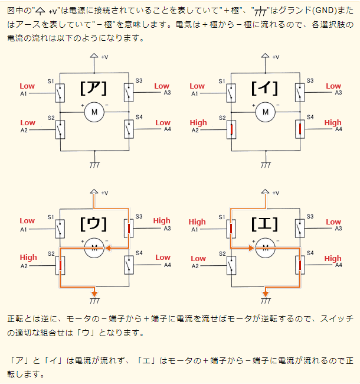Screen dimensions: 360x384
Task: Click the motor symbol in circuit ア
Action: [94, 112]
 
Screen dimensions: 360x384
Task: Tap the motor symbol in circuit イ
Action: [266, 112]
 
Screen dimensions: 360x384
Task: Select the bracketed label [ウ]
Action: [93, 224]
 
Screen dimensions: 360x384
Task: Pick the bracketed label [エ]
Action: [264, 224]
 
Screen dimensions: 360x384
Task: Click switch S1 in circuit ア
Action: [60, 93]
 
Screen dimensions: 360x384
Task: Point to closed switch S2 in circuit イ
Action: [231, 129]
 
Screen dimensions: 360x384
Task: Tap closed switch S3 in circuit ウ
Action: [129, 229]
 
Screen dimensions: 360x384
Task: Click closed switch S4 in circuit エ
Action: [300, 265]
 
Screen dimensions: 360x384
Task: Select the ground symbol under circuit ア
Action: [94, 165]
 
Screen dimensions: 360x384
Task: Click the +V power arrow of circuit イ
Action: [266, 56]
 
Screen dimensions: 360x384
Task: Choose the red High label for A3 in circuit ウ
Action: [162, 221]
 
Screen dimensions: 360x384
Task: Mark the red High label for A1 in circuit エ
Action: [197, 222]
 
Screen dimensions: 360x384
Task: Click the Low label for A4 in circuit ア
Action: [163, 123]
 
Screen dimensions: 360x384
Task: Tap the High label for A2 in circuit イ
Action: [198, 123]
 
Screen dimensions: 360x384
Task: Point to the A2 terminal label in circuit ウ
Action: [24, 266]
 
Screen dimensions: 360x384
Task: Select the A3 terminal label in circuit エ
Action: [339, 229]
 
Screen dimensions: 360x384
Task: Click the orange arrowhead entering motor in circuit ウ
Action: [108, 248]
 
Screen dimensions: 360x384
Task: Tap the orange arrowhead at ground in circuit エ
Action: [266, 294]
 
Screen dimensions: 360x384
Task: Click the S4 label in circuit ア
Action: [139, 117]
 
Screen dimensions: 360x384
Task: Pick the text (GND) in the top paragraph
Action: [325, 10]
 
